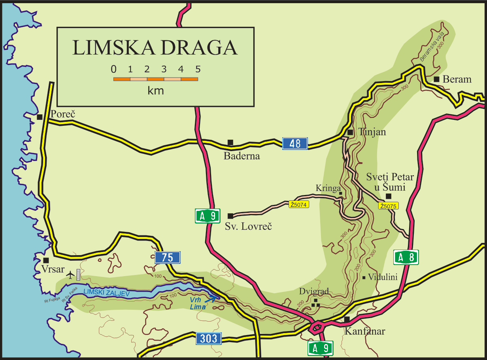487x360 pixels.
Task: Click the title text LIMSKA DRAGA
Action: [155, 48]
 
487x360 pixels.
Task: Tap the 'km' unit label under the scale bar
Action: [155, 91]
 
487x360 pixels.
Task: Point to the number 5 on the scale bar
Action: [198, 70]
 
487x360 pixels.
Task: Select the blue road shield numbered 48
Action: [295, 143]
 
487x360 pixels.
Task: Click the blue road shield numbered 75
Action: [168, 258]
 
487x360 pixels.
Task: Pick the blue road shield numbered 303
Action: [209, 338]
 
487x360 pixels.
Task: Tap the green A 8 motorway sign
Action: [406, 258]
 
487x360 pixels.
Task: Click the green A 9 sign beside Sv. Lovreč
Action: [208, 216]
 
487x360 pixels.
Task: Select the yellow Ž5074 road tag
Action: [299, 205]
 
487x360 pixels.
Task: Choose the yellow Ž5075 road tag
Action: [388, 206]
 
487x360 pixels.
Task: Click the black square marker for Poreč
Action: [40, 117]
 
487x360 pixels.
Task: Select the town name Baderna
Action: [242, 156]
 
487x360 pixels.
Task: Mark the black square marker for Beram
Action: [436, 80]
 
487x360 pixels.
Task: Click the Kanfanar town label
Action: [364, 331]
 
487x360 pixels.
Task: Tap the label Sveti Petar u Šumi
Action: [385, 182]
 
